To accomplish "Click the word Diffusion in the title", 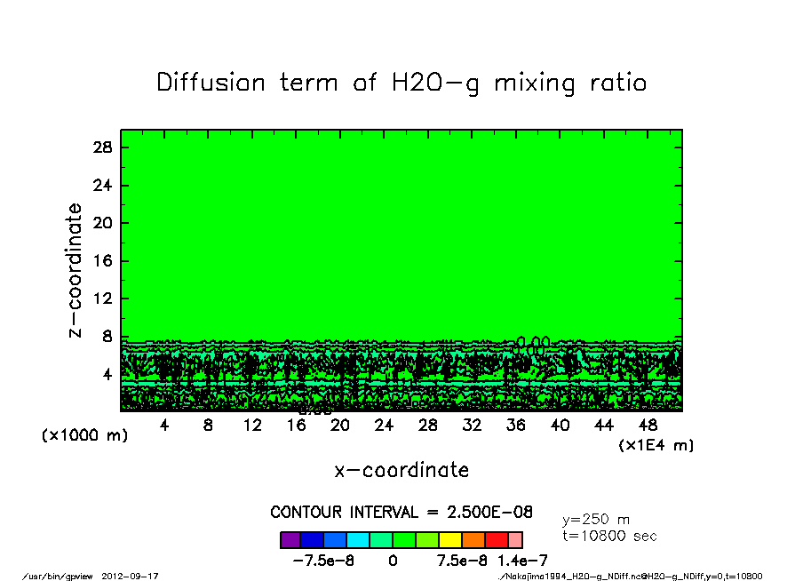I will tap(211, 83).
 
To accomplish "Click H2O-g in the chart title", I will tap(427, 83).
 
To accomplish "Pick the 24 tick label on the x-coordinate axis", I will tap(384, 426).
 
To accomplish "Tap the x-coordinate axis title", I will tap(401, 470).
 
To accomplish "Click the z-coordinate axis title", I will tap(76, 270).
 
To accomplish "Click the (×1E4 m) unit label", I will tap(656, 445).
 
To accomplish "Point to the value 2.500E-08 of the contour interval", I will tap(490, 513).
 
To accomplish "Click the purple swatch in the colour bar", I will tap(290, 540).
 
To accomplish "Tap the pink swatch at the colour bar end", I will tap(515, 540).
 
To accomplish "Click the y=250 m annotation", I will tap(596, 520).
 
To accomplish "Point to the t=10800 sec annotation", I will tap(609, 536).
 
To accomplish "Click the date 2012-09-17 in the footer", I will tap(137, 576).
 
